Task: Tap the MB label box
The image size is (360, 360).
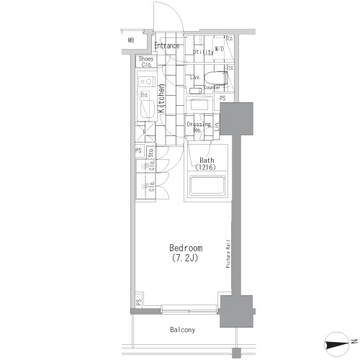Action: (x=131, y=40)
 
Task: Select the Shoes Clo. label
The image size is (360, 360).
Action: (x=146, y=62)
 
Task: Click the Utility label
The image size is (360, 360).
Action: (x=203, y=53)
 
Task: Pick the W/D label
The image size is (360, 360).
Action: (x=219, y=50)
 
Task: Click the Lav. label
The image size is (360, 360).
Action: (x=194, y=76)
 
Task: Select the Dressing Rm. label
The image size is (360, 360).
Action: (x=198, y=127)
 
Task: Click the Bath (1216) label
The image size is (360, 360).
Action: (x=207, y=163)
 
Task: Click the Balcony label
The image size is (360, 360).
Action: (x=182, y=330)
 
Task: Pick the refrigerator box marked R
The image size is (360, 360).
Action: (x=144, y=132)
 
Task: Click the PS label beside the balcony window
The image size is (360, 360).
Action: (x=138, y=303)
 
